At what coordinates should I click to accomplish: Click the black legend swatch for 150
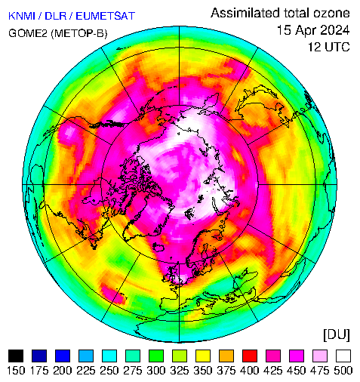[16, 356]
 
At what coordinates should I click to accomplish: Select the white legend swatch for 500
[343, 356]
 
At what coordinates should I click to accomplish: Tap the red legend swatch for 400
[250, 356]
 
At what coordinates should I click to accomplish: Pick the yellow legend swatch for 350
[203, 356]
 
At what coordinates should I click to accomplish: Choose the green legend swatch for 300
[156, 356]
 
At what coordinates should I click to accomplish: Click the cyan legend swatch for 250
[109, 356]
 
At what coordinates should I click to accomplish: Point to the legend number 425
[273, 371]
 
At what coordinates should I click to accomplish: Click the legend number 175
[39, 371]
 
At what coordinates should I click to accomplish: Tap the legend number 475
[320, 371]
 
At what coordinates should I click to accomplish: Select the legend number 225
[86, 371]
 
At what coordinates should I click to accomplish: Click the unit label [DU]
[337, 335]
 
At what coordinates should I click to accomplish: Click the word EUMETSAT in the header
[106, 16]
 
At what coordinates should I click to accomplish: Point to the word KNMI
[22, 16]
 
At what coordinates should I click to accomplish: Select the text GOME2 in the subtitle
[28, 33]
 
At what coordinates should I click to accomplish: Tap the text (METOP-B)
[79, 33]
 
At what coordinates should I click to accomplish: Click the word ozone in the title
[331, 13]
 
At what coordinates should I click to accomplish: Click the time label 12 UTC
[329, 47]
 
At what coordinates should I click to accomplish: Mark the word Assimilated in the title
[245, 13]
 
